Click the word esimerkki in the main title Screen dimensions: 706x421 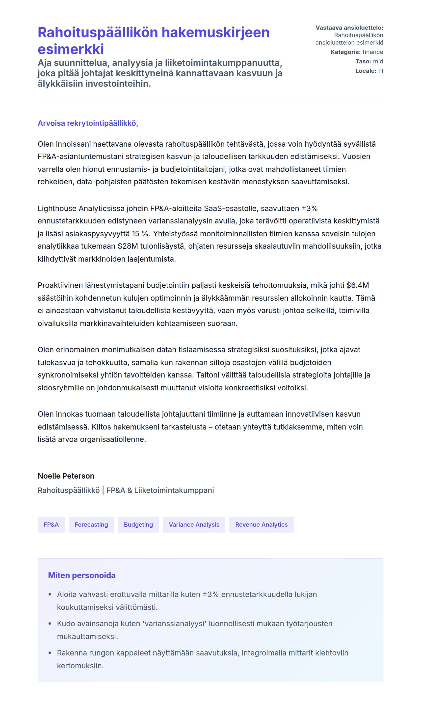pyautogui.click(x=71, y=49)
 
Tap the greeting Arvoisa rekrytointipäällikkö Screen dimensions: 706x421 pyautogui.click(x=88, y=123)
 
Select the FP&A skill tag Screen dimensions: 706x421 pyautogui.click(x=51, y=524)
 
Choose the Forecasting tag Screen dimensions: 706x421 pyautogui.click(x=91, y=524)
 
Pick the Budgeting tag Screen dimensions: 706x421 pyautogui.click(x=138, y=524)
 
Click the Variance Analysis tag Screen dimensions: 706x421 pyautogui.click(x=194, y=524)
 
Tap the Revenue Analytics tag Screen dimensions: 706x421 pyautogui.click(x=261, y=524)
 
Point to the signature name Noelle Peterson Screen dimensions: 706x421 pyautogui.click(x=66, y=476)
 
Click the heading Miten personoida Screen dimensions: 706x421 pyautogui.click(x=82, y=575)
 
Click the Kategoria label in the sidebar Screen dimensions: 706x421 pyautogui.click(x=345, y=52)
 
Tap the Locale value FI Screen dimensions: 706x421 pyautogui.click(x=380, y=71)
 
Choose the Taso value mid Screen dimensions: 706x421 pyautogui.click(x=378, y=61)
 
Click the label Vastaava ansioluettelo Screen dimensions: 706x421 pyautogui.click(x=349, y=28)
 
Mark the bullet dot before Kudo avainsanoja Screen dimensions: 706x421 pyautogui.click(x=50, y=624)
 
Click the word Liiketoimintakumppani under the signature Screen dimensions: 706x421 pyautogui.click(x=174, y=490)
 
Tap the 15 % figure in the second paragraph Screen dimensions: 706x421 pyautogui.click(x=140, y=234)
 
